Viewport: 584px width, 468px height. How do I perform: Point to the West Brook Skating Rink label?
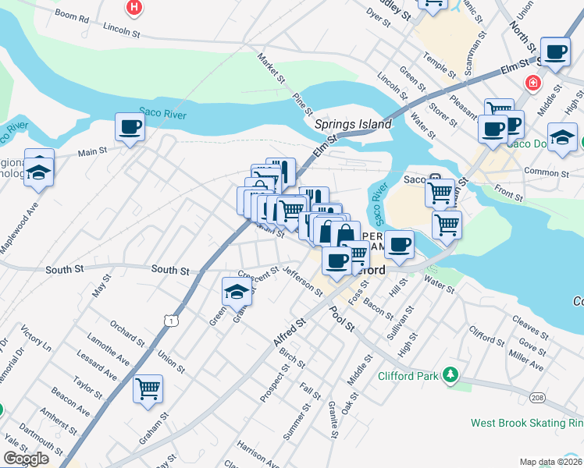tap(527, 423)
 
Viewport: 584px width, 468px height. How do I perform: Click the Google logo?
tap(26, 459)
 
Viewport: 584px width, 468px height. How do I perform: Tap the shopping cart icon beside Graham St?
tap(148, 388)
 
